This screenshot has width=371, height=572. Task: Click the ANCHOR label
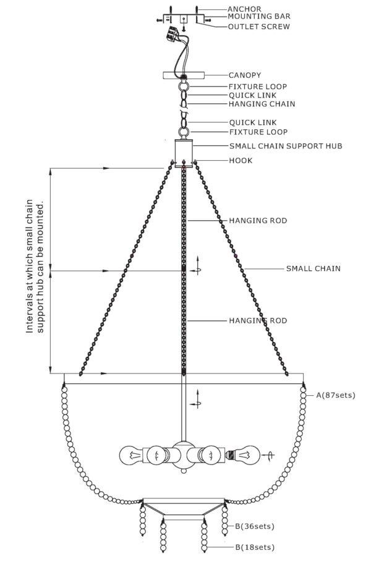point(244,9)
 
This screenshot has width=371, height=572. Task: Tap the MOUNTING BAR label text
point(259,17)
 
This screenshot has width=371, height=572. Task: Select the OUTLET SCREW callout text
point(258,27)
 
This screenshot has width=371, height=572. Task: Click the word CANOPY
point(245,75)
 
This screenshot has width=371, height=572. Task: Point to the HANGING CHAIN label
point(262,104)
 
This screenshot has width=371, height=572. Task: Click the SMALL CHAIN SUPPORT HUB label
point(286,146)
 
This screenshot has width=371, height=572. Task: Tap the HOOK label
point(241,161)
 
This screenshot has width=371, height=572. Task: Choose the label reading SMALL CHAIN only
point(313,269)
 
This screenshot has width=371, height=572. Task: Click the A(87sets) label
point(335,395)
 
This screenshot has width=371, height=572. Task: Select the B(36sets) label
point(254,526)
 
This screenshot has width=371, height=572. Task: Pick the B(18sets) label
point(255,547)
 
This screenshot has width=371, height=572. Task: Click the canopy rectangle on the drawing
point(184,75)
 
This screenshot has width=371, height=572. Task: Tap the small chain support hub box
point(184,153)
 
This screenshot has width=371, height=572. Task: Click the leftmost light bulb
point(131,455)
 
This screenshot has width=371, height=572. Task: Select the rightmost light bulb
point(248,455)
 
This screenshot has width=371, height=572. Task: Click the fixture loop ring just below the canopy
point(184,87)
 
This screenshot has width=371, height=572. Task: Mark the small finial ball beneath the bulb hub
point(184,471)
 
